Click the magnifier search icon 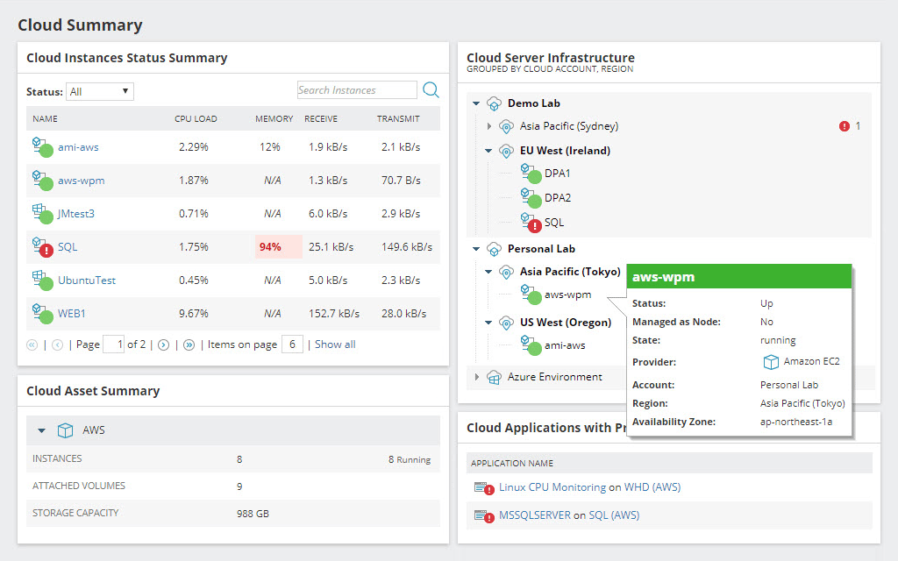click(x=431, y=90)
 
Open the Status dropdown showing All click(x=100, y=91)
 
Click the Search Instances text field click(x=356, y=90)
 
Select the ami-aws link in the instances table click(x=78, y=147)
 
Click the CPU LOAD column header click(x=196, y=118)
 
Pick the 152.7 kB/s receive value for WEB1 click(x=333, y=313)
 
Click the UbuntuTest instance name click(x=86, y=280)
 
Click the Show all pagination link click(x=335, y=344)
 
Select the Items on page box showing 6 click(x=292, y=344)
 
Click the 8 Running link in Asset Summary click(x=409, y=459)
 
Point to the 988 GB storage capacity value click(x=253, y=514)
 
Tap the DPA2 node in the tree click(x=557, y=198)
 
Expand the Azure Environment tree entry click(x=477, y=377)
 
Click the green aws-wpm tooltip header click(x=738, y=277)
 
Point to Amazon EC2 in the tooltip click(x=811, y=362)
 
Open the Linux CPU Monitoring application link click(x=552, y=487)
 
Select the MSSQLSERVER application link click(x=535, y=515)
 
